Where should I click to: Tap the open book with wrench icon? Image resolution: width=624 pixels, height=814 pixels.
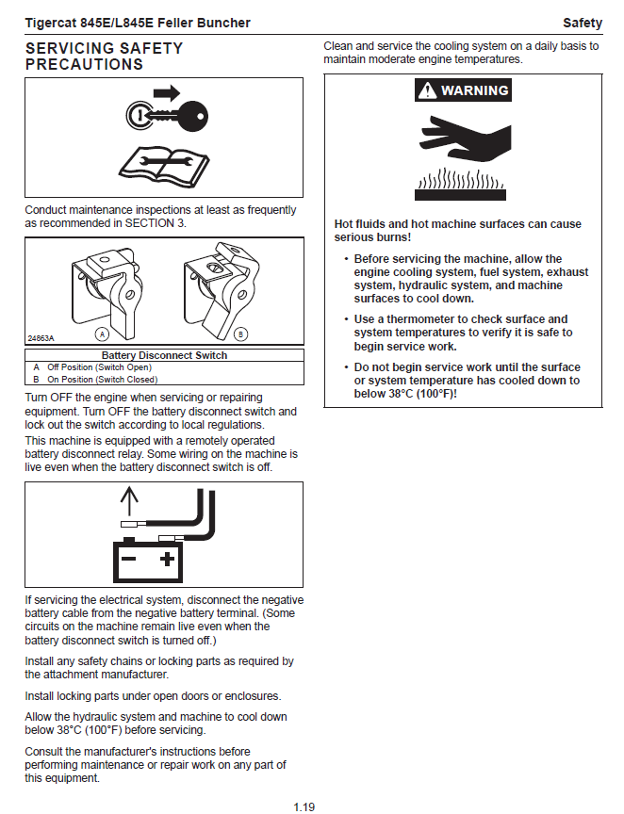(x=164, y=167)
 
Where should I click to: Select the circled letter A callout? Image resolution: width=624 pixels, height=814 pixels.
(x=102, y=334)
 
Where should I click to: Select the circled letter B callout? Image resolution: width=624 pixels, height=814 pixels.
(x=240, y=334)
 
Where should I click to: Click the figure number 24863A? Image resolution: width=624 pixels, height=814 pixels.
(x=41, y=338)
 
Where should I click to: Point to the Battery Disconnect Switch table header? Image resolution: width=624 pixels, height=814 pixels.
(x=164, y=355)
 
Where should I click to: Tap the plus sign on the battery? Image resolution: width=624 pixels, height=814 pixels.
(x=167, y=559)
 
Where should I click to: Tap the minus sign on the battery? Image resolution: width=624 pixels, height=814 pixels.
(x=128, y=559)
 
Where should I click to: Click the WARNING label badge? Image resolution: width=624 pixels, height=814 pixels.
(x=463, y=90)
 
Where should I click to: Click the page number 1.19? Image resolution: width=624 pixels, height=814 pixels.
(x=304, y=807)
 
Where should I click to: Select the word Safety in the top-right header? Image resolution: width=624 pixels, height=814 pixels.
(x=583, y=23)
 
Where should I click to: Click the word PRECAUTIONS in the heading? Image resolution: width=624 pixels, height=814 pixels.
(x=84, y=64)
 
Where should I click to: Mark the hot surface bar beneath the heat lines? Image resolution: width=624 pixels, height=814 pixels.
(x=460, y=195)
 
